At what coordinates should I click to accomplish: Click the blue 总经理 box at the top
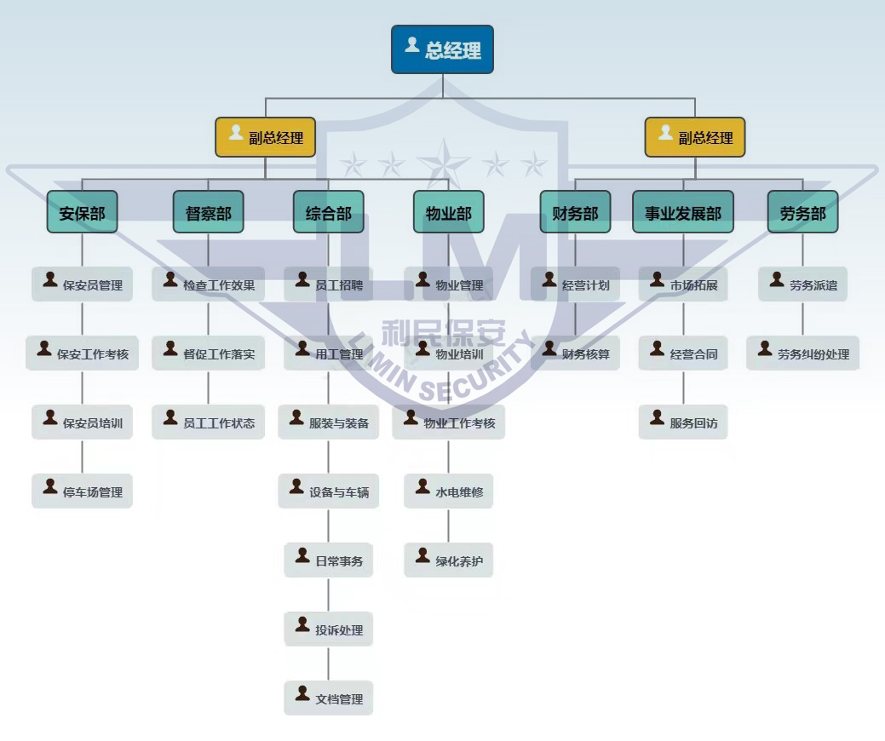(x=442, y=49)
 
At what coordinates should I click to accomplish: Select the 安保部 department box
(x=82, y=212)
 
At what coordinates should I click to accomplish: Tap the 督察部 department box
(x=208, y=212)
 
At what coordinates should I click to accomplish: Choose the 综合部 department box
(x=328, y=212)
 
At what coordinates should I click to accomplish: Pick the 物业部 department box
(x=448, y=212)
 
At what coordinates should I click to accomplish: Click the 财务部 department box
(x=575, y=212)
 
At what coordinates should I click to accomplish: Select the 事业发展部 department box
(x=682, y=212)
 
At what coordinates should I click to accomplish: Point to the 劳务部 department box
(x=802, y=212)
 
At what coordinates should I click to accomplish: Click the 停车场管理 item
(x=82, y=491)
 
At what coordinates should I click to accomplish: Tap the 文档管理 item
(x=328, y=698)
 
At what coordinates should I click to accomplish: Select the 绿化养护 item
(x=448, y=560)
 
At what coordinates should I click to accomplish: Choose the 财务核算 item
(x=575, y=353)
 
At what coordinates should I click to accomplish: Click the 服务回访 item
(x=682, y=422)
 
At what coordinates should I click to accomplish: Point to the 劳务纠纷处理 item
(x=802, y=353)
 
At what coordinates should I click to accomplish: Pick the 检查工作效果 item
(x=208, y=284)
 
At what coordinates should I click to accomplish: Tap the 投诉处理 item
(x=328, y=629)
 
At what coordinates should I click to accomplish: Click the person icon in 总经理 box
(x=411, y=45)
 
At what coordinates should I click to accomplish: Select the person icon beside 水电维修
(x=422, y=486)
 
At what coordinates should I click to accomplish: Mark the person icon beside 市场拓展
(x=657, y=279)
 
